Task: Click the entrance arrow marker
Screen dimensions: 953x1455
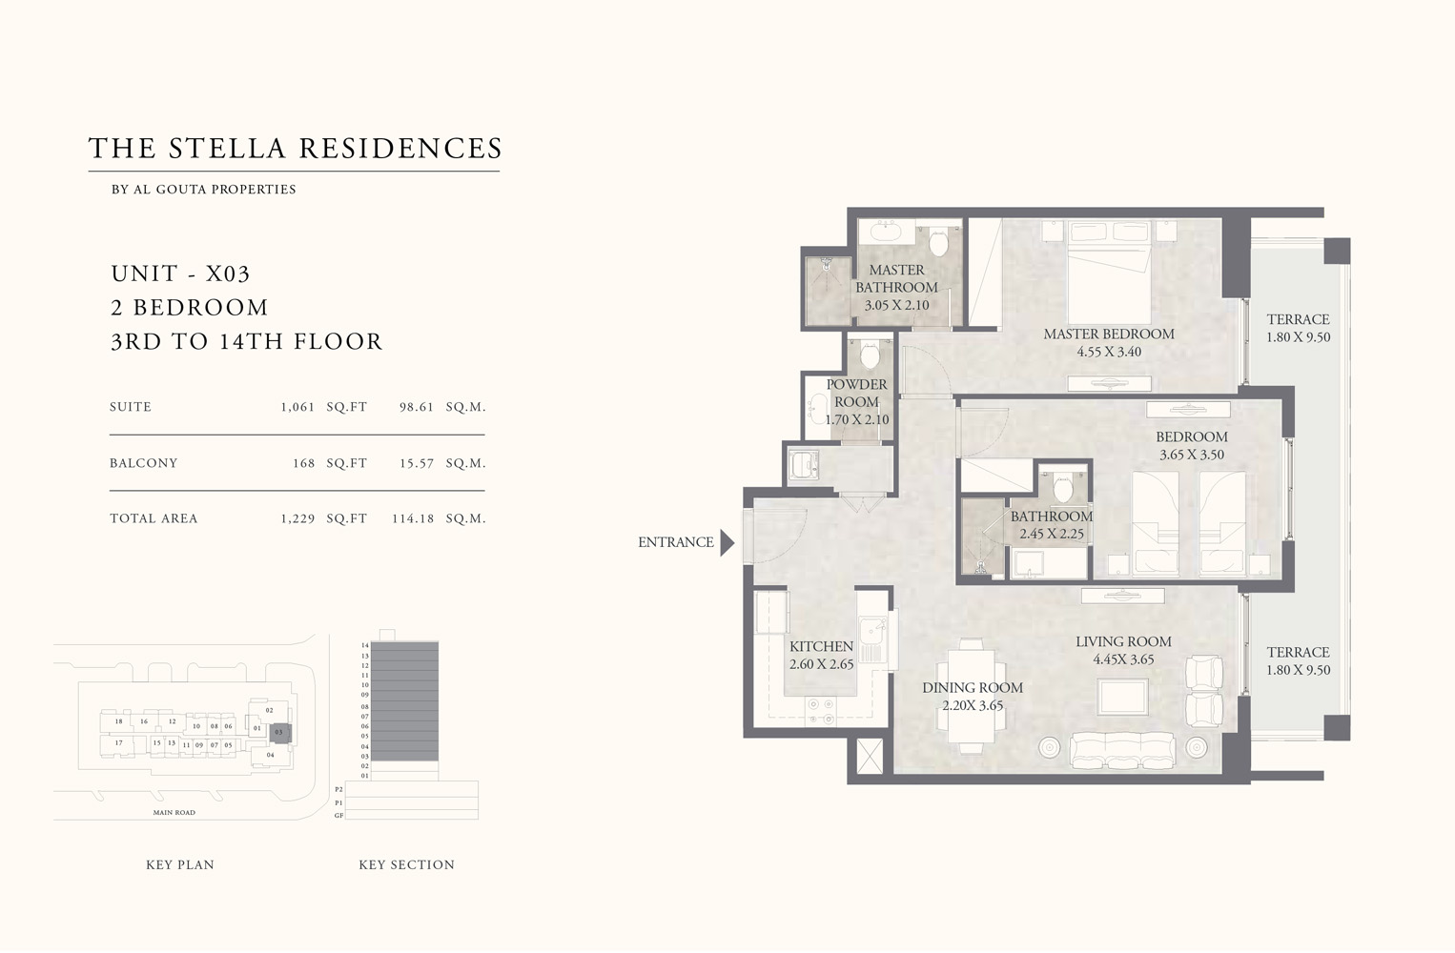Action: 727,543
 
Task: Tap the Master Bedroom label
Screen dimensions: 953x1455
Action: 1108,335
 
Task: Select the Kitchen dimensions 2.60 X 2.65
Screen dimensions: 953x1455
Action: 821,664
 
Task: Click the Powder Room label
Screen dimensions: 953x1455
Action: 856,393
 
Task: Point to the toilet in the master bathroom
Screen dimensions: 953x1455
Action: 939,242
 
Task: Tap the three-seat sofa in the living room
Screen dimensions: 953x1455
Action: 1122,750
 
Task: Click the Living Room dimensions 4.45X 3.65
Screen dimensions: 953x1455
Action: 1123,659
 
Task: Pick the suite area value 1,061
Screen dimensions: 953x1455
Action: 297,407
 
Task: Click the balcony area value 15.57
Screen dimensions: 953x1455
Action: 416,463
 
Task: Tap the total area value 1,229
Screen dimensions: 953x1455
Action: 297,519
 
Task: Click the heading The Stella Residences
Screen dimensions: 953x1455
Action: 295,149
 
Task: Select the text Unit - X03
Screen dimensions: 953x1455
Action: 180,274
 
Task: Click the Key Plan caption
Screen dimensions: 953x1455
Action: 180,865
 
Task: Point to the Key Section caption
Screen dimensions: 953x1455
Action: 406,865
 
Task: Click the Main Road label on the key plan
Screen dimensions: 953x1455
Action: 174,813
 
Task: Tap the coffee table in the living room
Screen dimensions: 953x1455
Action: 1122,697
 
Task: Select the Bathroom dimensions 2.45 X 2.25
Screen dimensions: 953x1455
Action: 1051,535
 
